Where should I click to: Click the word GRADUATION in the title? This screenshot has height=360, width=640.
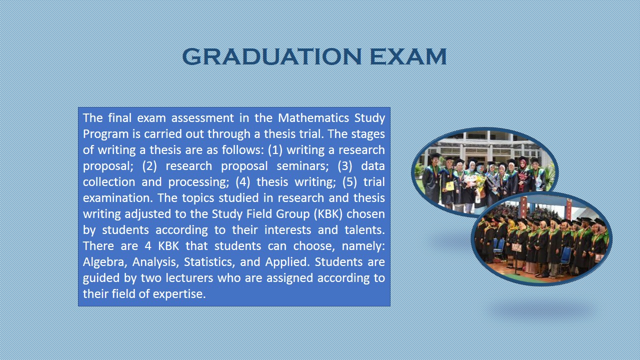point(272,56)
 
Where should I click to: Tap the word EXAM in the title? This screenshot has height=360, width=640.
point(408,56)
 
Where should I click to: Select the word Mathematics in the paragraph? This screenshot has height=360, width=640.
point(313,117)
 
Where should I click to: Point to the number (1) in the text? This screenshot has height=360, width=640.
point(275,150)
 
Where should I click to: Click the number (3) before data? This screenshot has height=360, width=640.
point(345,166)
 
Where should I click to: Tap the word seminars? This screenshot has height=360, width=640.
point(302,166)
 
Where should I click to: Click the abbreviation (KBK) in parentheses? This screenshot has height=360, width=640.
point(328,214)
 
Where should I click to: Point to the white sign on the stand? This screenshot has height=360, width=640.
point(516,247)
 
